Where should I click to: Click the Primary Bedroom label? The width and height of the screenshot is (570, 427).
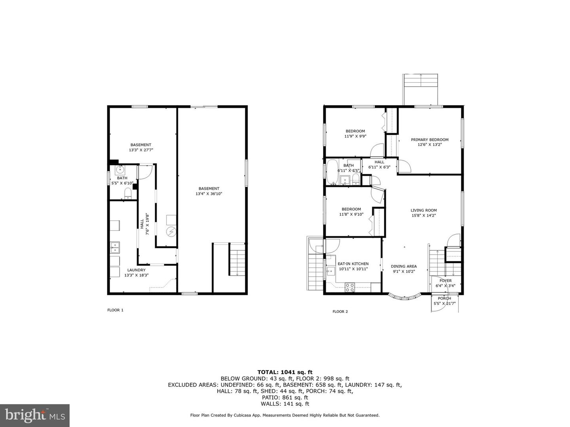[429, 140]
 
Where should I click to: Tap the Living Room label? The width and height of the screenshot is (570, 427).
[424, 210]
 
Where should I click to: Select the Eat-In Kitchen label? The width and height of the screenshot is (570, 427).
[353, 264]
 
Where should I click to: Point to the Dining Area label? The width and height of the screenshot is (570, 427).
[404, 266]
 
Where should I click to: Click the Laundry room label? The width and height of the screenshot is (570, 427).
[136, 270]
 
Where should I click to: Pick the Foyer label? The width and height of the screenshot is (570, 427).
[445, 281]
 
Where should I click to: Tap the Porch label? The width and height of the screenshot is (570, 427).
[444, 299]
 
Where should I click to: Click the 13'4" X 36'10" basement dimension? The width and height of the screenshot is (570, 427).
[209, 194]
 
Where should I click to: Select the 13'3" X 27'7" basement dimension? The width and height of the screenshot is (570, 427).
[141, 150]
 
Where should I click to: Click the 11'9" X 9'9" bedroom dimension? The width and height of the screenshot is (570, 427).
[355, 136]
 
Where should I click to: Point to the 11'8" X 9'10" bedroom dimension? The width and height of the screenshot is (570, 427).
[351, 214]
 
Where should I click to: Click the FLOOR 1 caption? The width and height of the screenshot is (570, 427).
[115, 310]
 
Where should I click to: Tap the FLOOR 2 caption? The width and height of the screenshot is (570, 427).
[340, 312]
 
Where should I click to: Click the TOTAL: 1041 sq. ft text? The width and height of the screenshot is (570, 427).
[285, 372]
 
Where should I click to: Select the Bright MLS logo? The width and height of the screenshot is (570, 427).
[35, 415]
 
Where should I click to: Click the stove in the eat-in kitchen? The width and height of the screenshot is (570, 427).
[350, 287]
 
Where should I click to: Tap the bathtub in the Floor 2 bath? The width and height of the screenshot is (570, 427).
[331, 172]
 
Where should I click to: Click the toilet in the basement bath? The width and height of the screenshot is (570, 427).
[127, 193]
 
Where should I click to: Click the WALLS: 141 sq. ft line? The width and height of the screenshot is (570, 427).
[285, 404]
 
